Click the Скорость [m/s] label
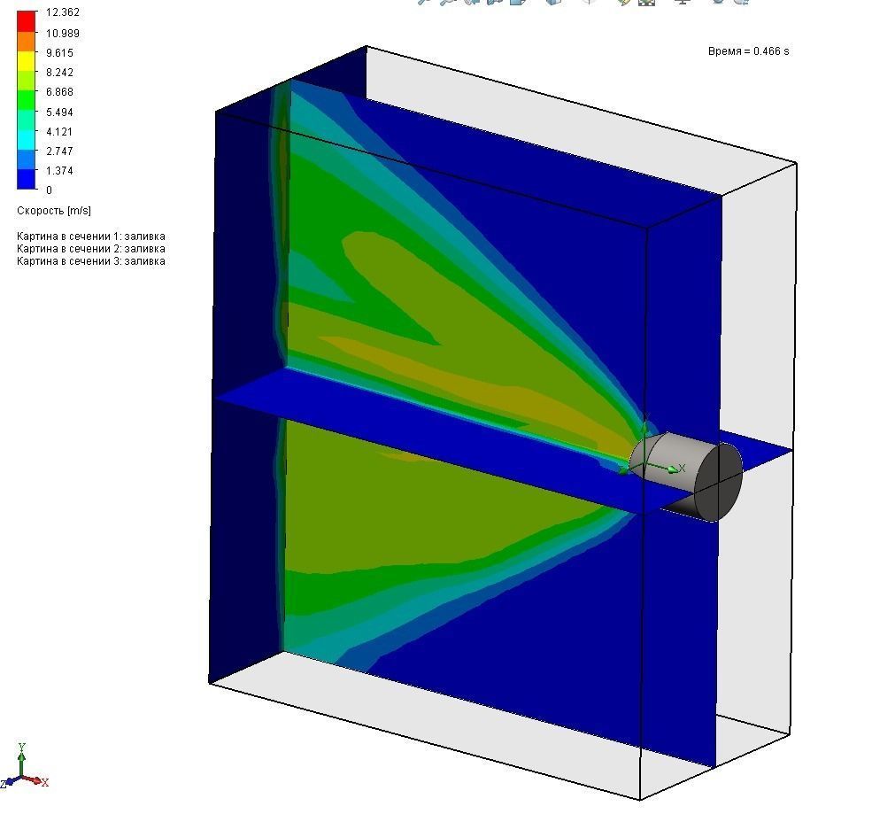[x=53, y=211]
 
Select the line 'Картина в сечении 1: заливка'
[x=90, y=236]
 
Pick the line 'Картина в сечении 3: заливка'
[x=90, y=261]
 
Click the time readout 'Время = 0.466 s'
[x=748, y=51]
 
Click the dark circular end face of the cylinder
[x=718, y=483]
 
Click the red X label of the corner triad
[x=44, y=782]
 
